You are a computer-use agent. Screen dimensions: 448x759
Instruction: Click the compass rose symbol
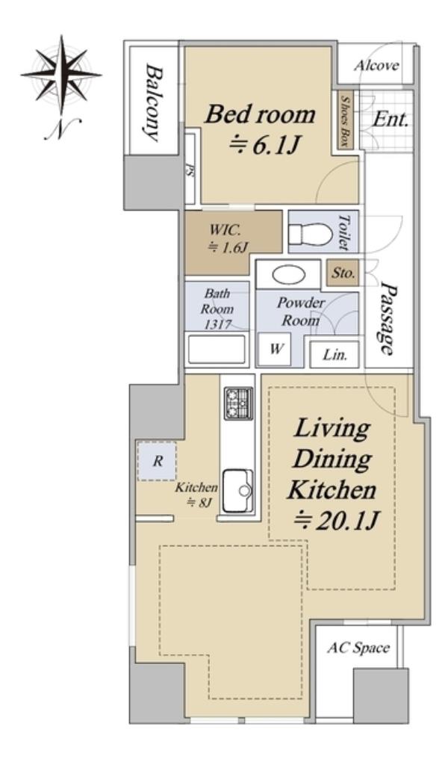click(61, 75)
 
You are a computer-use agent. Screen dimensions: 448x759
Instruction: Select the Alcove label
click(376, 65)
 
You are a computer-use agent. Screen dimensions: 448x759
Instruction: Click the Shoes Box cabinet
click(345, 120)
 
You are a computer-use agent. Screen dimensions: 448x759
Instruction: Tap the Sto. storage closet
click(343, 273)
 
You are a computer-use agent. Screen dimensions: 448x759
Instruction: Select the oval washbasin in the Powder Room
click(289, 275)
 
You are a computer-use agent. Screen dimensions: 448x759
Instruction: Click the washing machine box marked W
click(274, 349)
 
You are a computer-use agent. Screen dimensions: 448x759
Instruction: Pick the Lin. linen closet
click(335, 354)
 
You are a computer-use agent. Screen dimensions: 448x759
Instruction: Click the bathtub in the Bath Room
click(217, 349)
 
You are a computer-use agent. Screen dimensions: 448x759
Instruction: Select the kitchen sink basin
click(238, 491)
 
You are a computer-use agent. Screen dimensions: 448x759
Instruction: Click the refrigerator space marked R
click(157, 461)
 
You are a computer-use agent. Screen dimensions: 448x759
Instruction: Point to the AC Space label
click(358, 648)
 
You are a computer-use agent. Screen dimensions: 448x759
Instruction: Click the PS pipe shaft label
click(189, 170)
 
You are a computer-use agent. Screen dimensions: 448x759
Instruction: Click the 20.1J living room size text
click(336, 521)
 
